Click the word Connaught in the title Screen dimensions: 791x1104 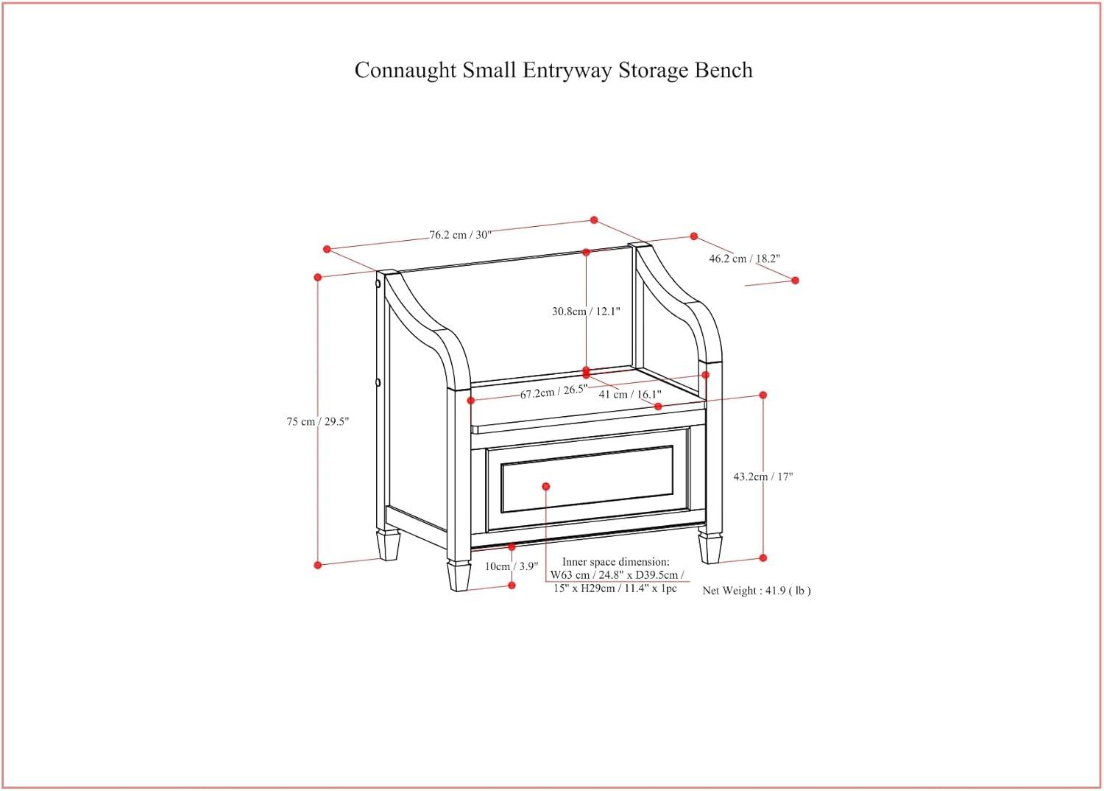[x=406, y=71]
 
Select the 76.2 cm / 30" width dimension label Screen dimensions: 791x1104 [x=460, y=235]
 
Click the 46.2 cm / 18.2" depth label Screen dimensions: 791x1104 [x=744, y=259]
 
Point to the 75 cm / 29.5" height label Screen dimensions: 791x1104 [x=317, y=422]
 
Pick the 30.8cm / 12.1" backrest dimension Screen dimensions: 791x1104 [x=586, y=312]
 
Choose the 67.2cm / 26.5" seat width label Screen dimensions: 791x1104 [x=553, y=393]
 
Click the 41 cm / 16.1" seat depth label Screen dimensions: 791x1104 [x=629, y=395]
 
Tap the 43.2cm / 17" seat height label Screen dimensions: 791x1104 [x=762, y=477]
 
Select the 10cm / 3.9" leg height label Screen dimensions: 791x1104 [x=512, y=566]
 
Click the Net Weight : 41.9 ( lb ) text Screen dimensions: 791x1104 [x=756, y=591]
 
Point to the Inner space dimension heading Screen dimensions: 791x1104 [x=616, y=562]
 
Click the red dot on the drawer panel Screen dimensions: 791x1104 [x=546, y=486]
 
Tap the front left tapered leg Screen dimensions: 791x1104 [x=459, y=575]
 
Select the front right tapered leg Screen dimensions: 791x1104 [x=710, y=548]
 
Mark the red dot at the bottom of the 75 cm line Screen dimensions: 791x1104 [x=318, y=565]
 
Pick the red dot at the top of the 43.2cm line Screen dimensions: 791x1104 [x=763, y=395]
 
